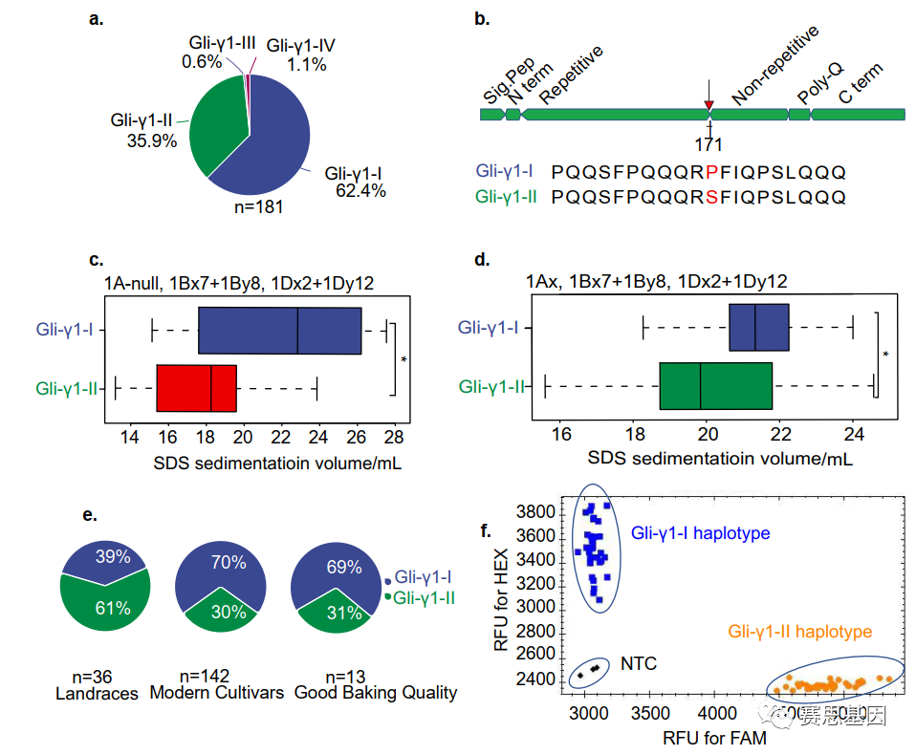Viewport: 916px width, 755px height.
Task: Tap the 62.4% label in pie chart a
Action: click(x=360, y=191)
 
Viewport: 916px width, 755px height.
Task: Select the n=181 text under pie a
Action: click(x=251, y=205)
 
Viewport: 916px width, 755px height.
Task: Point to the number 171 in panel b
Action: click(x=709, y=144)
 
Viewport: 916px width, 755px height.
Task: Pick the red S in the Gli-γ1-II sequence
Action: click(x=710, y=198)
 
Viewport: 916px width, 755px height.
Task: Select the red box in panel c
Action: click(x=196, y=388)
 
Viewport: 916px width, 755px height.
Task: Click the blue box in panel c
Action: click(x=278, y=331)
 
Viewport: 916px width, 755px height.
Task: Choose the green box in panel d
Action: click(x=714, y=386)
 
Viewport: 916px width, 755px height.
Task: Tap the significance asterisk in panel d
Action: click(x=885, y=355)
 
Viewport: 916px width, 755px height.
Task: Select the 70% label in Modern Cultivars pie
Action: click(x=229, y=562)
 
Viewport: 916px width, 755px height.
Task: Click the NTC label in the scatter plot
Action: click(x=639, y=662)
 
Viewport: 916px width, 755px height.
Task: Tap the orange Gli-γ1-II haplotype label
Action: click(x=800, y=632)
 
